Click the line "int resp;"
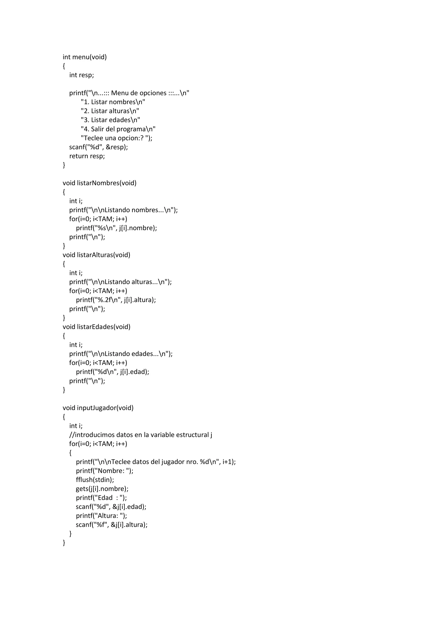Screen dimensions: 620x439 pyautogui.click(x=81, y=75)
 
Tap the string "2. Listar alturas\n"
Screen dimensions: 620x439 pyautogui.click(x=110, y=111)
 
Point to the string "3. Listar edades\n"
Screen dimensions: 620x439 pyautogui.click(x=111, y=120)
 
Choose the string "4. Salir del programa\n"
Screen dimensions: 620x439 pyautogui.click(x=118, y=129)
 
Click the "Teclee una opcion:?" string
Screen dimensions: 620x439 pyautogui.click(x=117, y=138)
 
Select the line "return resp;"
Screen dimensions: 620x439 pyautogui.click(x=87, y=156)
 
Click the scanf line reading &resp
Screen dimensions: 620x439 pyautogui.click(x=98, y=147)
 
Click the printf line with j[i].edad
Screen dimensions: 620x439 pyautogui.click(x=113, y=372)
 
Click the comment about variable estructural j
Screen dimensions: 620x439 pyautogui.click(x=141, y=435)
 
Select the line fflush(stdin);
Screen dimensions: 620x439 pyautogui.click(x=95, y=480)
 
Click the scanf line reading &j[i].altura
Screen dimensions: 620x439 pyautogui.click(x=112, y=525)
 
